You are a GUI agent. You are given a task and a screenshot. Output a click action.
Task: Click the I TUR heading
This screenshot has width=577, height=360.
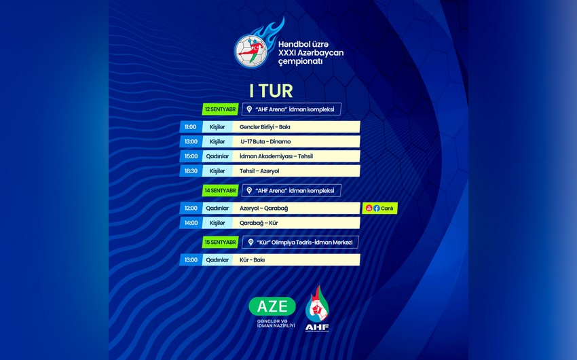tap(271, 90)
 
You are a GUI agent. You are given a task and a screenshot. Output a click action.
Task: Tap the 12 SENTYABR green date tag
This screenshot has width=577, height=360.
tap(220, 109)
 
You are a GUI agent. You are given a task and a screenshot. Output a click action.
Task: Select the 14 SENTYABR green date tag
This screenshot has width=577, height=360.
tap(220, 191)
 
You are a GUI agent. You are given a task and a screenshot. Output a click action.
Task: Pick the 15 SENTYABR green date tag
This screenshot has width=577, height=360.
tap(220, 242)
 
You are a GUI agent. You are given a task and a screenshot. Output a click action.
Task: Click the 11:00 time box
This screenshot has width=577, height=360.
tap(190, 126)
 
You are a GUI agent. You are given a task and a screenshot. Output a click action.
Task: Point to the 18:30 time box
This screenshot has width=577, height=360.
tap(190, 171)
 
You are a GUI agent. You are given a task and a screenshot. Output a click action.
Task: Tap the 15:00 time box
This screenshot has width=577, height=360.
tap(190, 156)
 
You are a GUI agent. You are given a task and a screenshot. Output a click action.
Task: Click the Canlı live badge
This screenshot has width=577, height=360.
tap(380, 208)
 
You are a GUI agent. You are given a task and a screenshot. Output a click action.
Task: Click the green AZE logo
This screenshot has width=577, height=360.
tap(272, 306)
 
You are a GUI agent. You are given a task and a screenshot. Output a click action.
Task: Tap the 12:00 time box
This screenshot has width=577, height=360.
tap(190, 208)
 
